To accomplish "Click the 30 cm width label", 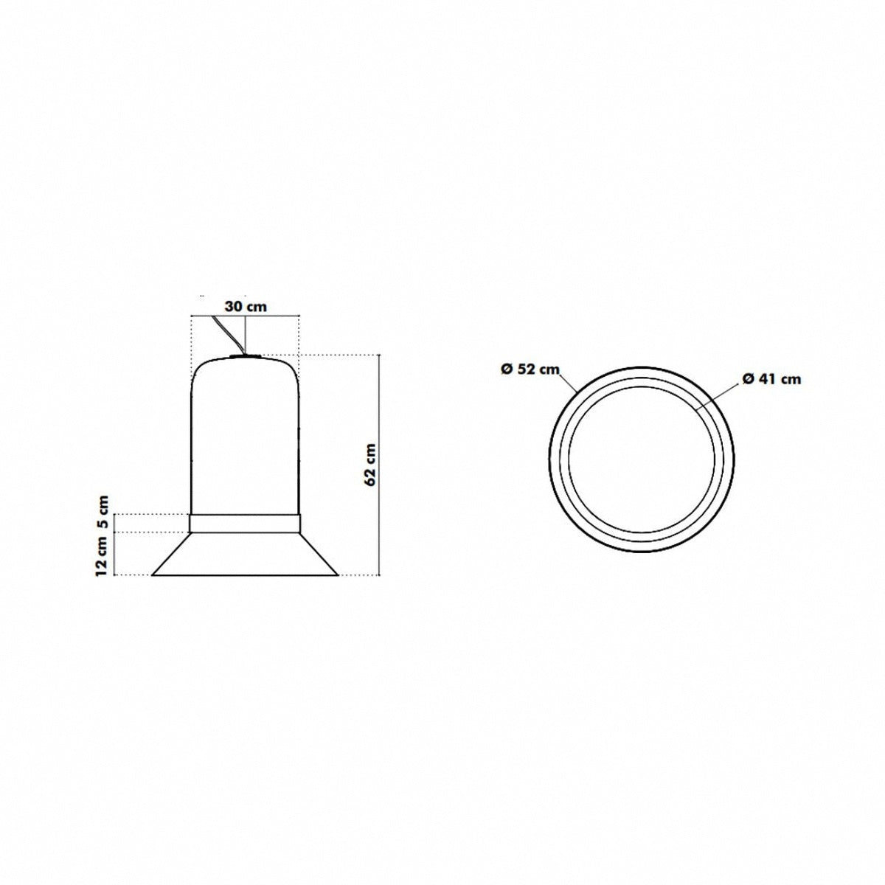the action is point(246,306).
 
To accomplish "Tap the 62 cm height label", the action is point(369,465).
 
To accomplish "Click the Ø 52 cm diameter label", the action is point(530,369).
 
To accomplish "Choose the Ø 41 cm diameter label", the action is point(771,379).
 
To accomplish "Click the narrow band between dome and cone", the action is point(246,523).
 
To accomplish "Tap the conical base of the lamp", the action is point(246,554).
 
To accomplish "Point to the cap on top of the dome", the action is point(246,355).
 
